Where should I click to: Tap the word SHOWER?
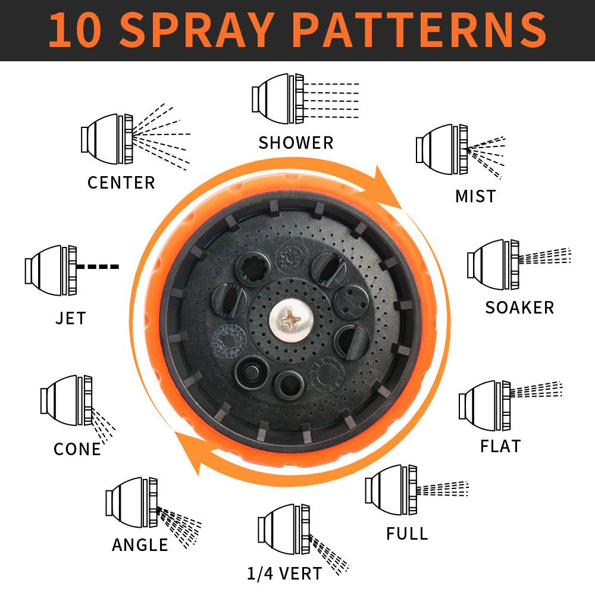(x=296, y=143)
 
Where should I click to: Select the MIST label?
(x=475, y=196)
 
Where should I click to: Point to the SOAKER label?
(x=519, y=308)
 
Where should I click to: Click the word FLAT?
(x=500, y=446)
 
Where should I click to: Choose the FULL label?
(x=407, y=534)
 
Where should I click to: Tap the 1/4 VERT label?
(x=284, y=574)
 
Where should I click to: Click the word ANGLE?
(x=140, y=545)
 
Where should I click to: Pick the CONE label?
(x=77, y=449)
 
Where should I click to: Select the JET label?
(x=71, y=318)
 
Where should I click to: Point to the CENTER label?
(x=121, y=183)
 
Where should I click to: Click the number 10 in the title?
(x=75, y=30)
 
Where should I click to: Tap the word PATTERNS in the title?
(x=419, y=30)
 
